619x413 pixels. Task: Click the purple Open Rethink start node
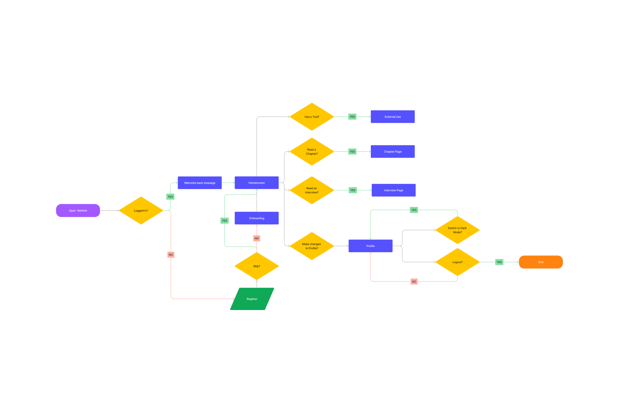click(78, 210)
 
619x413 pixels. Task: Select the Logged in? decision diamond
click(141, 210)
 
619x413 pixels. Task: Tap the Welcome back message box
click(199, 183)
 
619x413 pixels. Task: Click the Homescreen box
click(256, 183)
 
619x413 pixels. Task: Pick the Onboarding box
click(256, 218)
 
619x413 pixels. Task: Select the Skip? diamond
click(256, 266)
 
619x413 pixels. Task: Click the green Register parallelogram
click(252, 299)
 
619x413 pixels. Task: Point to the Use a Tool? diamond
click(312, 117)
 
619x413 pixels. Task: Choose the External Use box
click(393, 117)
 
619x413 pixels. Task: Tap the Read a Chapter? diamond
click(312, 151)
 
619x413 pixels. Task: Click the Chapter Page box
click(393, 151)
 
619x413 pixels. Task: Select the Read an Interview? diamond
click(312, 190)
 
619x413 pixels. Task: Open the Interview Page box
click(393, 190)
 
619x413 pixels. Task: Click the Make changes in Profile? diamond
click(312, 246)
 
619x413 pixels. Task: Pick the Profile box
click(370, 246)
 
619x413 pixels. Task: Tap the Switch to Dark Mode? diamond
click(457, 230)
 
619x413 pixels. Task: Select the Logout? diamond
click(457, 262)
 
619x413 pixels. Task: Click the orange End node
click(541, 262)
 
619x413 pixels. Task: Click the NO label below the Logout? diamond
click(414, 281)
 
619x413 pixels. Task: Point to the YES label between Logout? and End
click(499, 262)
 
